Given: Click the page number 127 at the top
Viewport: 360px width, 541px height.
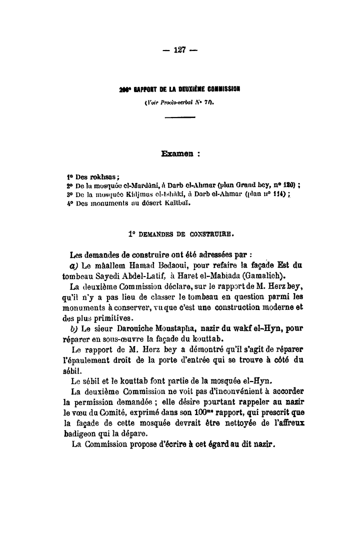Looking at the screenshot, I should (x=179, y=49).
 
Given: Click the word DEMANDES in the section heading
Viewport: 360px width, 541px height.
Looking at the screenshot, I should (x=158, y=232).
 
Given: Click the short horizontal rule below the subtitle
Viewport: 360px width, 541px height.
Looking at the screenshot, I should (x=179, y=118).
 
